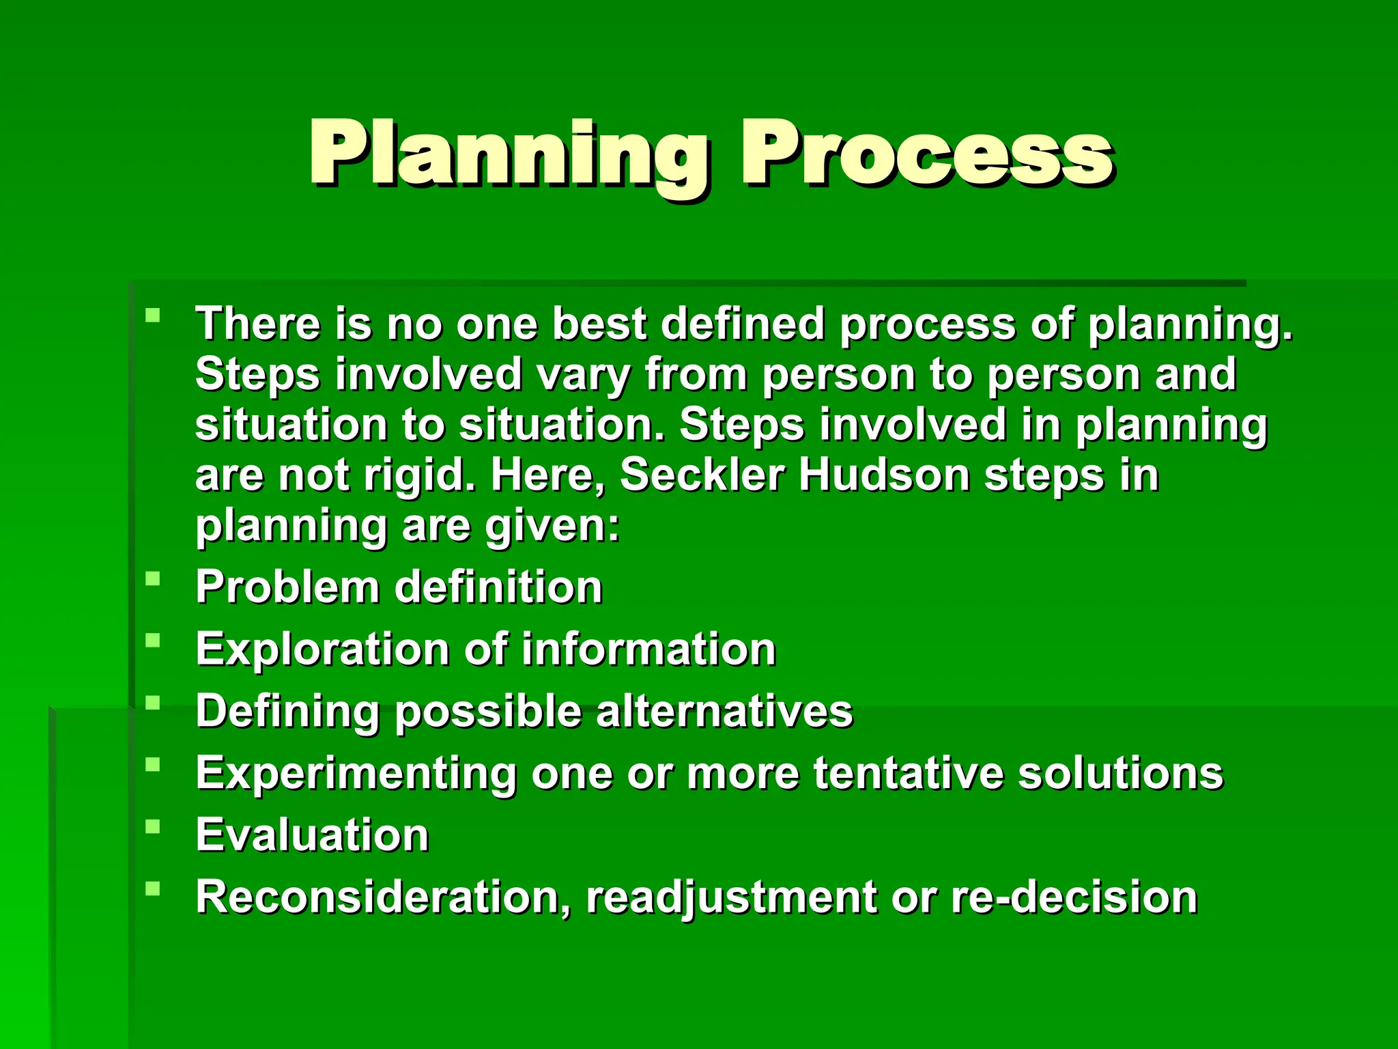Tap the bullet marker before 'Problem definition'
(153, 579)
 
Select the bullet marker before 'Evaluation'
(153, 827)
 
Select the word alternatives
(724, 711)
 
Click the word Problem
(287, 587)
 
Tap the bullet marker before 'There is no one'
(153, 316)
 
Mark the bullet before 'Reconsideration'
(153, 889)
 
